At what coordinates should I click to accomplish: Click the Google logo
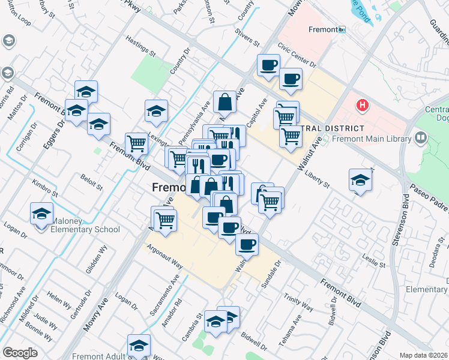click(x=20, y=353)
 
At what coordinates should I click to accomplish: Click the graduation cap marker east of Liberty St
click(x=360, y=179)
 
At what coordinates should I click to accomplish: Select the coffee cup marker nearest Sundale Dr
click(x=247, y=244)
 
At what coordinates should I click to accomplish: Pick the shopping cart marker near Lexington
click(x=137, y=143)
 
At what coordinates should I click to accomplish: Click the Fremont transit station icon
click(x=342, y=29)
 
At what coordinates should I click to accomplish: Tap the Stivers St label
click(x=247, y=37)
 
